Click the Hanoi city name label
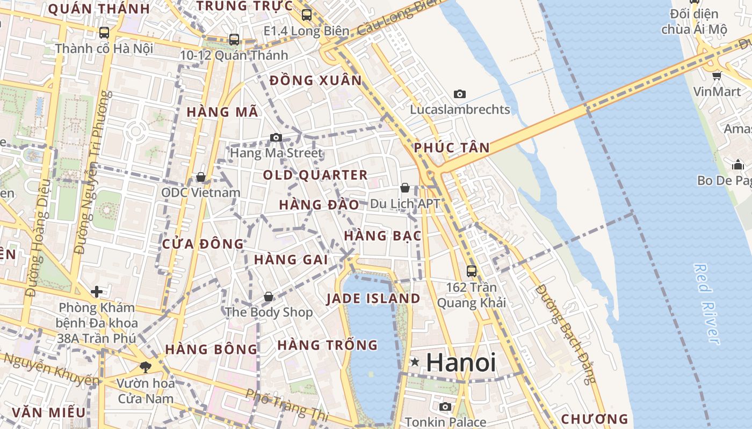(x=460, y=363)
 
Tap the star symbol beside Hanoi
(x=415, y=362)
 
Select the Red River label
(x=706, y=304)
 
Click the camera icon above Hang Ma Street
(x=276, y=137)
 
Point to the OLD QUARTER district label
(x=315, y=175)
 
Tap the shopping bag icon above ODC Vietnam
(x=201, y=176)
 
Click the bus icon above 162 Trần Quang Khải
(x=472, y=271)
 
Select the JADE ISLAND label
(x=373, y=299)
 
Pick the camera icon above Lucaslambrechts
(x=460, y=94)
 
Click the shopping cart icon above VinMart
(x=717, y=75)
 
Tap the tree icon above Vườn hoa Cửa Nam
(x=145, y=367)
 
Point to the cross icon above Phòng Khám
(x=97, y=292)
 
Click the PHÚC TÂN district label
(x=452, y=147)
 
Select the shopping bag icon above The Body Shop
(x=269, y=296)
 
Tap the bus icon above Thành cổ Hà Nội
(x=104, y=32)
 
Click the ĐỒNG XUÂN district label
(x=316, y=80)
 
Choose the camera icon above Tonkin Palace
(x=445, y=406)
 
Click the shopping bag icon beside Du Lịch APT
(x=405, y=188)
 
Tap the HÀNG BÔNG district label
(x=211, y=349)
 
